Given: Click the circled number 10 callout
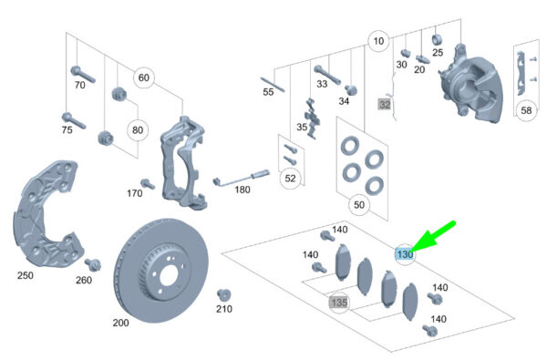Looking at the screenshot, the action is point(378,41).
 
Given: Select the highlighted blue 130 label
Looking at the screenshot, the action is point(404,254).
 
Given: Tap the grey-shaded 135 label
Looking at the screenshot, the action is point(339,302).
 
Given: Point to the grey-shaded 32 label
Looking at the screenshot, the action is point(385,104).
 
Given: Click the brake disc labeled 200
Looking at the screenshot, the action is point(161,271).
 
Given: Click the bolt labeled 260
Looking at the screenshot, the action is point(93,265).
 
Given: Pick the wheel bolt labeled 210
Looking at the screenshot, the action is point(223,295).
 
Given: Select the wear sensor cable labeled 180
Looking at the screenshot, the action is point(242,177).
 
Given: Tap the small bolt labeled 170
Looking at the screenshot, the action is point(148,183).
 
